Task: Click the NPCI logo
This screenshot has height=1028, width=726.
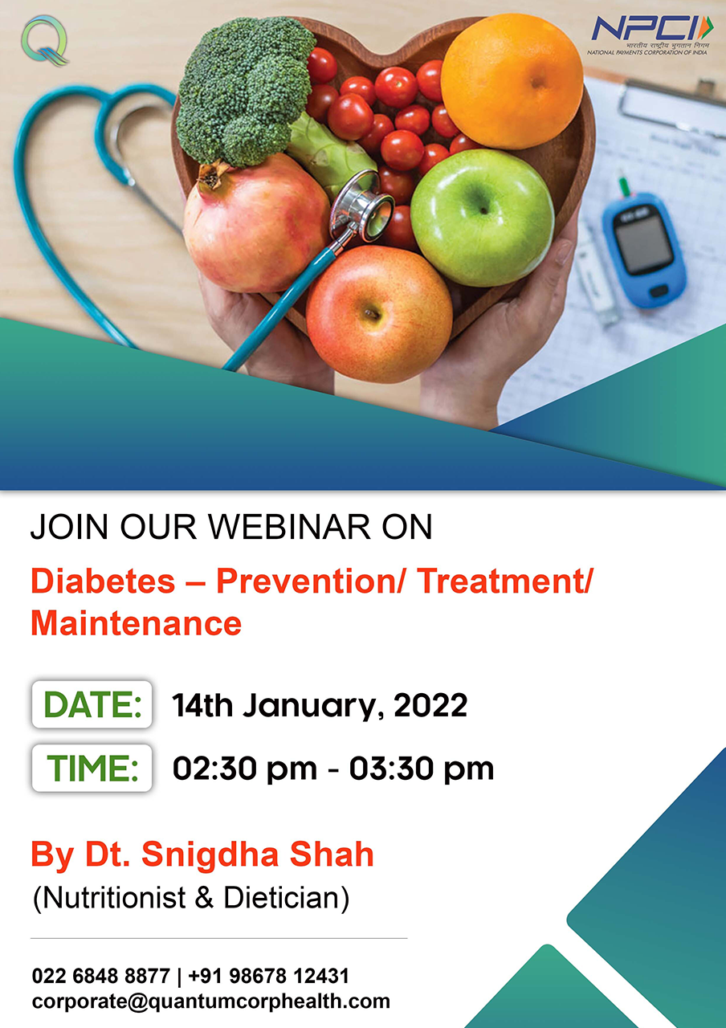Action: coord(650,35)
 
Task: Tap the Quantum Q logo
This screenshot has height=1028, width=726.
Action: coord(45,40)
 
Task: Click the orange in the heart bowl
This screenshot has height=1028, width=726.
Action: coord(512,81)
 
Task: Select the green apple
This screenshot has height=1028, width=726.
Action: coord(483,217)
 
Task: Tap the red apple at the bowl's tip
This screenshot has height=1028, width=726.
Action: coord(379,314)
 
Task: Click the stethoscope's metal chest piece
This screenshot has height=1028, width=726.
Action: coord(361,206)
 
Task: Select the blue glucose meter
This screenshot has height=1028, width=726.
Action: coord(644,250)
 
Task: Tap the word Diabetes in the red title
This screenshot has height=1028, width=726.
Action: coord(103,581)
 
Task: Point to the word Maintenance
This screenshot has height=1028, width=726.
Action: coord(136,623)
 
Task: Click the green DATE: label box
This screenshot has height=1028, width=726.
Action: coord(92,704)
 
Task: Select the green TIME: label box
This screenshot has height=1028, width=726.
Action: coord(92,769)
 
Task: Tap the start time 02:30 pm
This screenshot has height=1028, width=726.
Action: coord(245,769)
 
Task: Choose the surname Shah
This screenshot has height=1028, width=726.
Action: coord(332,854)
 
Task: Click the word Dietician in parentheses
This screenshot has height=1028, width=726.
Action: coord(281,898)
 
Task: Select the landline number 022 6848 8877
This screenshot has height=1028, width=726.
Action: coord(101,976)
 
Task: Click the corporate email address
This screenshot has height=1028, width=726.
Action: coord(211,1001)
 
